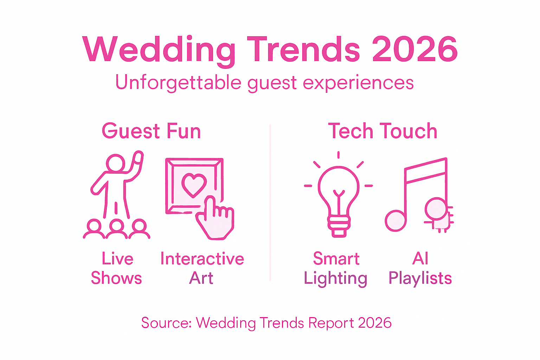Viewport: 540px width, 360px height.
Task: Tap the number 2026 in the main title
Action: pyautogui.click(x=415, y=50)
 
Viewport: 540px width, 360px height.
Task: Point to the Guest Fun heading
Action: pyautogui.click(x=151, y=131)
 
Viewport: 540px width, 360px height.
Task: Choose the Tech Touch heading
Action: pyautogui.click(x=382, y=131)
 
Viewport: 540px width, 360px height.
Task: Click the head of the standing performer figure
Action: pyautogui.click(x=116, y=163)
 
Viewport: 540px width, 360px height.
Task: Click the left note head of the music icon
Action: pyautogui.click(x=396, y=221)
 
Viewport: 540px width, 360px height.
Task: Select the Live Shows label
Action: pyautogui.click(x=117, y=268)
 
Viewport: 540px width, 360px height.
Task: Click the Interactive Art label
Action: pyautogui.click(x=202, y=268)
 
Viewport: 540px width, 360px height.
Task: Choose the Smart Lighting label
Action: pyautogui.click(x=336, y=268)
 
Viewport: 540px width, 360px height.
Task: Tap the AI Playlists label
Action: pyautogui.click(x=420, y=268)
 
